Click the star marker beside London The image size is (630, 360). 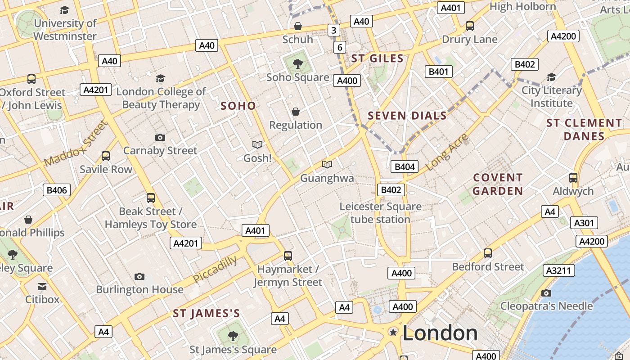pos(393,332)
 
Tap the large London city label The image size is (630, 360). pos(440,333)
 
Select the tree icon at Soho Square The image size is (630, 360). pos(297,64)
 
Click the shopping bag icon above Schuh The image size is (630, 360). pos(297,26)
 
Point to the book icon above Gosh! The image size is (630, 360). pos(257,144)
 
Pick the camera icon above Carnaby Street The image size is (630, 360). pos(160,137)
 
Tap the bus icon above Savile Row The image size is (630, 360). pos(106,156)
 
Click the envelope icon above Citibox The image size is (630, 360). pos(42,286)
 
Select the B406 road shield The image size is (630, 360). pos(57,190)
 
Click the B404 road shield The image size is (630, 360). pos(404,167)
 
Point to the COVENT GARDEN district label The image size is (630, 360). pos(498,184)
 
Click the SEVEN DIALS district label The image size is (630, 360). pos(407,116)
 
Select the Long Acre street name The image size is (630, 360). pos(446,152)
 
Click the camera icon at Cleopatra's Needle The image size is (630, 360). pos(546,293)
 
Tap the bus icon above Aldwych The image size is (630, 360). pos(573,177)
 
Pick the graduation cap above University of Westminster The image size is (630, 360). pos(65,10)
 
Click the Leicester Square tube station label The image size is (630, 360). pos(380,213)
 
